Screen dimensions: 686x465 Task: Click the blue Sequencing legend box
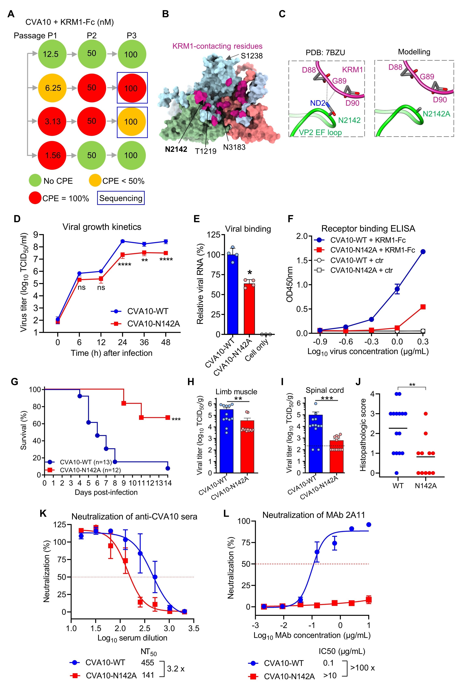[121, 198]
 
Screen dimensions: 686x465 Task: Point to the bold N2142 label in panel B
[176, 149]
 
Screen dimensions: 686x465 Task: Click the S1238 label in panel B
[252, 56]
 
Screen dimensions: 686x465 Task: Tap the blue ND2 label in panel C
[318, 103]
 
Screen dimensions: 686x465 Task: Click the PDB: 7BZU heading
[325, 53]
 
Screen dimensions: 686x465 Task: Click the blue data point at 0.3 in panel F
[423, 251]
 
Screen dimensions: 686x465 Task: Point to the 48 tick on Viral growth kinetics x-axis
[166, 342]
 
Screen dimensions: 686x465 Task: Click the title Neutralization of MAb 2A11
[313, 515]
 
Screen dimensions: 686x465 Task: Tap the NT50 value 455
[147, 663]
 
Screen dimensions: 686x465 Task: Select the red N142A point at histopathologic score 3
[425, 414]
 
